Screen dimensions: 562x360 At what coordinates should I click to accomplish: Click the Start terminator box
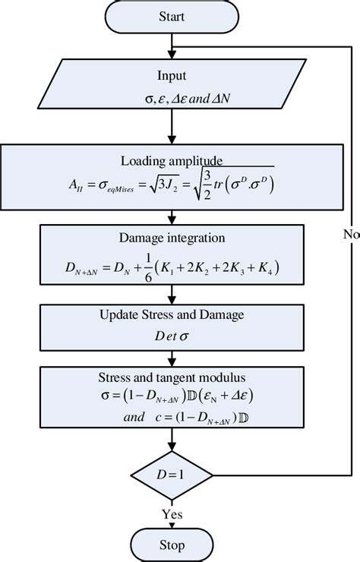pyautogui.click(x=172, y=14)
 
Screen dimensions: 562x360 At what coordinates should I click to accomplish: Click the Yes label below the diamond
pyautogui.click(x=172, y=514)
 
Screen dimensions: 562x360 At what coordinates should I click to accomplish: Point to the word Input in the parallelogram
pyautogui.click(x=172, y=76)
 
